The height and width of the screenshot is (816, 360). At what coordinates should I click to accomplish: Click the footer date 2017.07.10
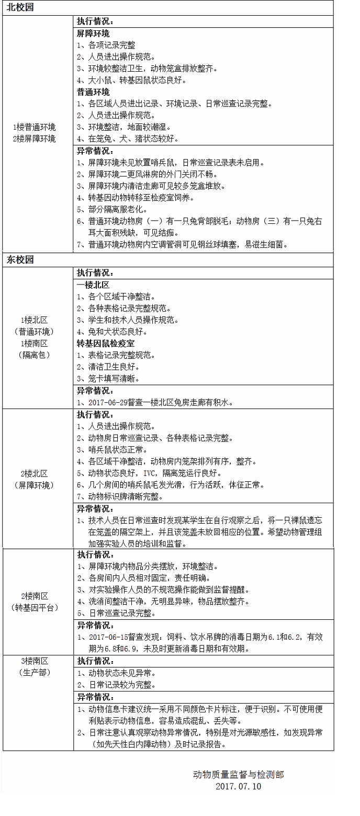coord(238,786)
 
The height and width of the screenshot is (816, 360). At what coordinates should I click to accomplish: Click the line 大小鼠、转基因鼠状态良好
coord(131,81)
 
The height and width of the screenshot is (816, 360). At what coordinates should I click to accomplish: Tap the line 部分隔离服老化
coord(113,209)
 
